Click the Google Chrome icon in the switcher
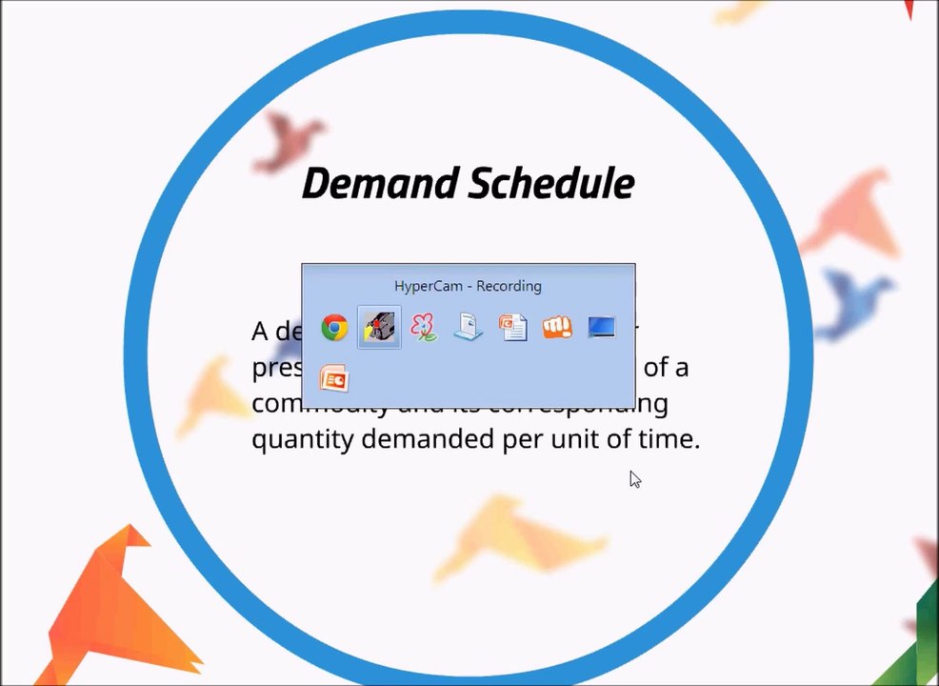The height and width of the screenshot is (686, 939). tap(334, 329)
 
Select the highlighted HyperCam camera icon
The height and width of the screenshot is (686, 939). tap(379, 329)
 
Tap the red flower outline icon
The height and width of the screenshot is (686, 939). tap(424, 329)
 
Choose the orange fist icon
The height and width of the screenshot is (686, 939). tap(557, 329)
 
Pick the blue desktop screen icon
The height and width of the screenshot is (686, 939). tap(601, 329)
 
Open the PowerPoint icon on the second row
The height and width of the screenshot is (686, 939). tap(334, 378)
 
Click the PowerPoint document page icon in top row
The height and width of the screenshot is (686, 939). tap(512, 329)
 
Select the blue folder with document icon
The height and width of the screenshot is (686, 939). tap(468, 329)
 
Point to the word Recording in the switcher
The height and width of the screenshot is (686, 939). tap(509, 286)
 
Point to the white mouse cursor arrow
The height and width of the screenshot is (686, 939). tap(634, 478)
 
